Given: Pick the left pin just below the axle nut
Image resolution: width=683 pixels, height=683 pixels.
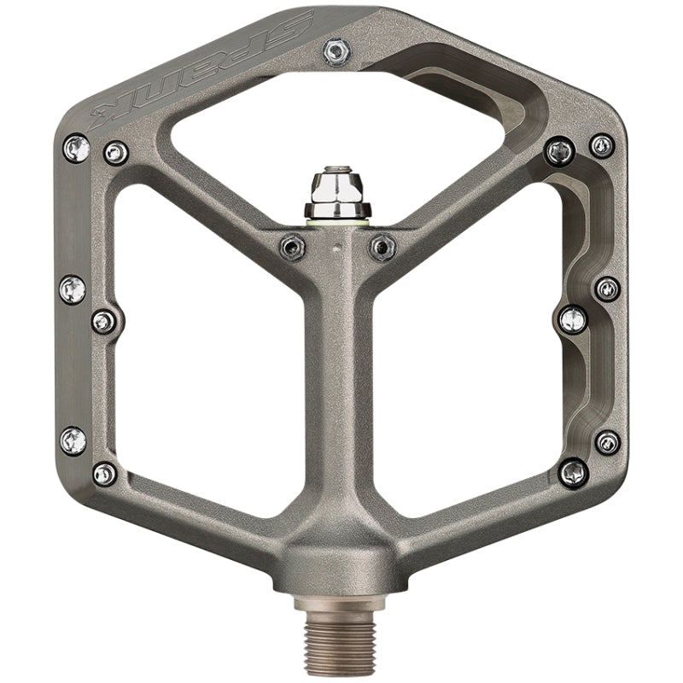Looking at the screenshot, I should tap(291, 248).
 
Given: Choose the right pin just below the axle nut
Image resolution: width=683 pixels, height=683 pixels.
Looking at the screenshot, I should tap(382, 248).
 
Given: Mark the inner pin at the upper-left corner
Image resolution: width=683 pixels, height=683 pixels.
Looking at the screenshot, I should tap(115, 154).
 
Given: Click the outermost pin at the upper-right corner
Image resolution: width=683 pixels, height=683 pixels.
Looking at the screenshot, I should tap(602, 145).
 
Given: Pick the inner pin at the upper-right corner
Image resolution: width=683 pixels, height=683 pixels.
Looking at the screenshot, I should tap(559, 153).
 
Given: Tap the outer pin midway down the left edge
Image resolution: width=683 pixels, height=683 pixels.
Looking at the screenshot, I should tap(73, 289).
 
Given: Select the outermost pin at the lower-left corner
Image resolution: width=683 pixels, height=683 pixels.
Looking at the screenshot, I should tap(73, 441).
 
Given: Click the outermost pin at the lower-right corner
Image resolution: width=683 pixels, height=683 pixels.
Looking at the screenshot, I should tap(607, 441).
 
